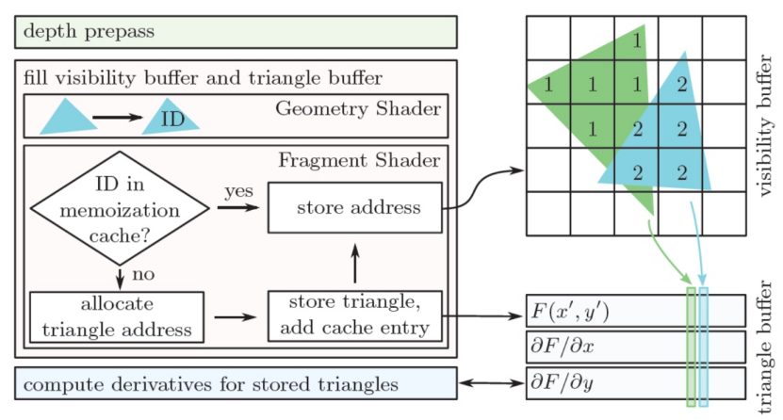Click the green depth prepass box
click(x=236, y=32)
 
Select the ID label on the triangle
click(x=172, y=121)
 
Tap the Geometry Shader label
click(x=359, y=107)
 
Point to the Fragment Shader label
click(x=361, y=160)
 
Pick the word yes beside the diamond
click(x=237, y=192)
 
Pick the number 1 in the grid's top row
click(x=638, y=40)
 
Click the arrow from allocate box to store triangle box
click(x=237, y=317)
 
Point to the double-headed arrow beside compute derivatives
click(x=490, y=385)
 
